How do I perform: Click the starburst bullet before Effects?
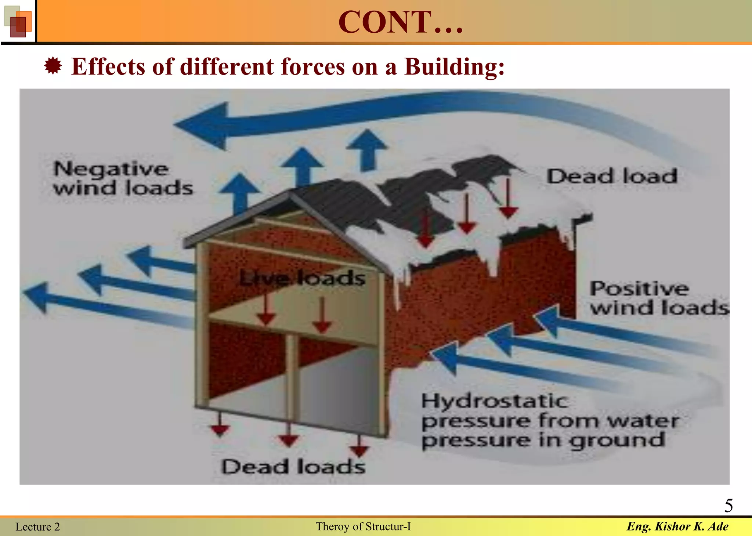(x=53, y=66)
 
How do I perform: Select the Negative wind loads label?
(x=123, y=179)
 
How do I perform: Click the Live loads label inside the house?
(x=302, y=278)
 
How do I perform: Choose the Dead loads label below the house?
(x=293, y=467)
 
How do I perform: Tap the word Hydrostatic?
(x=494, y=401)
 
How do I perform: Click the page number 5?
(x=728, y=506)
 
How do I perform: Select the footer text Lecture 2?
(x=37, y=527)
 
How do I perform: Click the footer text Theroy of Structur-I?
(x=363, y=526)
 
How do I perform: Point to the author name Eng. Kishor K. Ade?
(x=677, y=526)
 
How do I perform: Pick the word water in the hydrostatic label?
(x=643, y=421)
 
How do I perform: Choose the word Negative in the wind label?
(x=111, y=169)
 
